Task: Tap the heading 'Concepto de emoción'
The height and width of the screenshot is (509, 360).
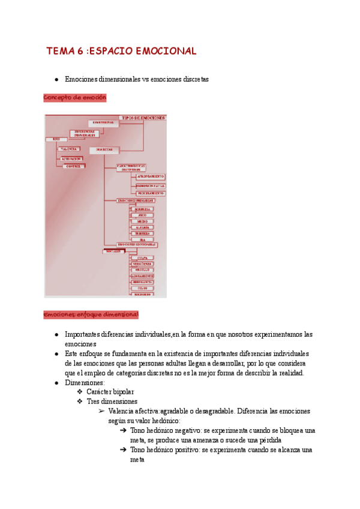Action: tap(74, 97)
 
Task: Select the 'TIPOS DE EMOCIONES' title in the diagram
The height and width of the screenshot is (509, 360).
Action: tap(143, 118)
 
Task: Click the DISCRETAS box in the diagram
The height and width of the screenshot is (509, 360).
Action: tap(104, 149)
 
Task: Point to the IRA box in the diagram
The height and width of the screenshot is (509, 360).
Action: tap(142, 239)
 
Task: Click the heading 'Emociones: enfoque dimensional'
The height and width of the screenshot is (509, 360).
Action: tap(91, 315)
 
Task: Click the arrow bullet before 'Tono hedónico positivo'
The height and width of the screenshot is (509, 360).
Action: tap(123, 450)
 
